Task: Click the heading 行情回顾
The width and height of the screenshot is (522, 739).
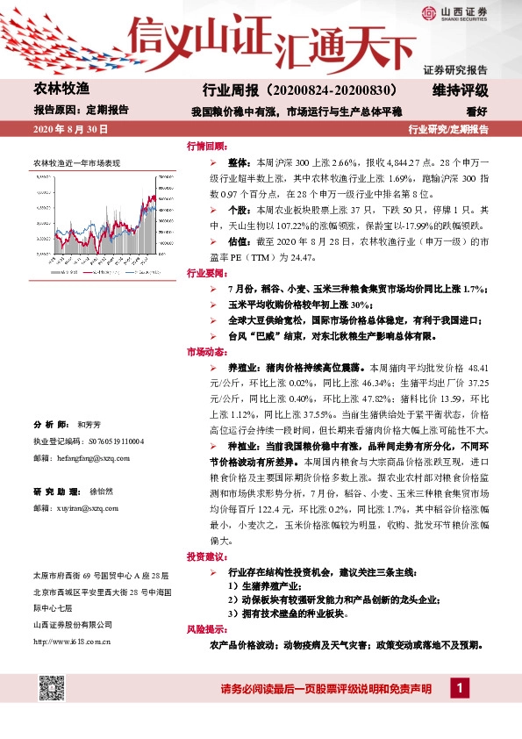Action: tap(206, 146)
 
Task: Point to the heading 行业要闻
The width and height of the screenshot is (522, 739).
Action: tap(206, 273)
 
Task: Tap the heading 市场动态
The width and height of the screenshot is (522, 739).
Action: tap(206, 352)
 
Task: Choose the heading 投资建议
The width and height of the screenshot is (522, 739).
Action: tap(206, 557)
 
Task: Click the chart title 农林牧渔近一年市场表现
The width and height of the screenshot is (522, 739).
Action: tap(76, 163)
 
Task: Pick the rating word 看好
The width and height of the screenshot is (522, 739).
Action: tap(476, 111)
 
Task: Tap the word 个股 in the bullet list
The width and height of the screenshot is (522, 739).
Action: tap(238, 210)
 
